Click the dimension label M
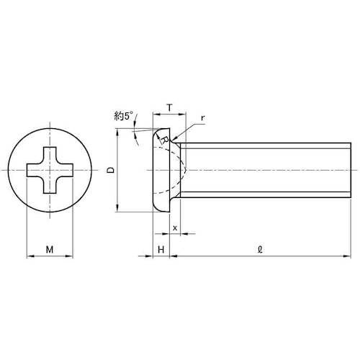49,250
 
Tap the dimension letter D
109,171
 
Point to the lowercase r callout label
204,120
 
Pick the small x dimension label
175,228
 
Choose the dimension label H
161,250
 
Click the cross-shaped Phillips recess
50,171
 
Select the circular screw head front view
50,171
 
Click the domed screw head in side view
164,171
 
